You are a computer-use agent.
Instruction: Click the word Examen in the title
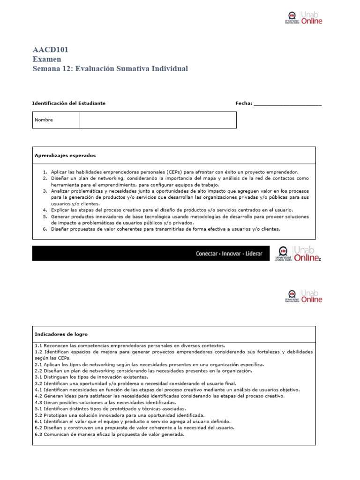(47, 59)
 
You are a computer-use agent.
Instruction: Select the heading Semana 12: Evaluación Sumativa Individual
(110, 69)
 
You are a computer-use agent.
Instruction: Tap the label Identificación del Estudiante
(68, 103)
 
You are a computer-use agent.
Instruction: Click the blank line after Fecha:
(287, 104)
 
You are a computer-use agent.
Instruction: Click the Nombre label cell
(44, 120)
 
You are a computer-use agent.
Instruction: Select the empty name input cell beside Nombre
(158, 120)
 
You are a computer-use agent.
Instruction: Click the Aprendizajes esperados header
(65, 155)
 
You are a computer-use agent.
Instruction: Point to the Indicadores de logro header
(61, 334)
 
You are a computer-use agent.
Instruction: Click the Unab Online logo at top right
(304, 18)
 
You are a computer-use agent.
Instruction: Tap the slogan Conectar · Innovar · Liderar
(229, 254)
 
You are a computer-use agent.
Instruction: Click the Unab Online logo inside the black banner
(299, 253)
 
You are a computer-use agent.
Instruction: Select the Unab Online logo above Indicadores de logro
(304, 296)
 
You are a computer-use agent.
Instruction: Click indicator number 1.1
(39, 345)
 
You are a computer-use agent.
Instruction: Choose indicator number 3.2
(39, 383)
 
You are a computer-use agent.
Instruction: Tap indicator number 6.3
(39, 434)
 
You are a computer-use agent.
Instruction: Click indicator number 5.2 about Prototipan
(39, 415)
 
